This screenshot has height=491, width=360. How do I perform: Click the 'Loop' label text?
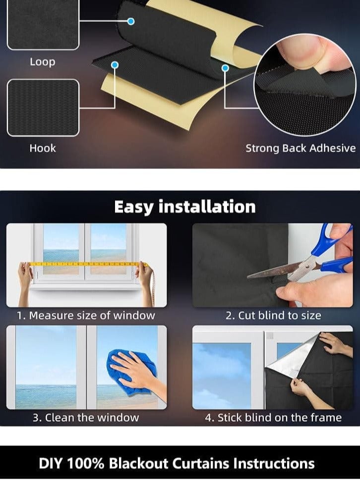point(42,62)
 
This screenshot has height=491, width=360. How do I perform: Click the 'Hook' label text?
point(43,148)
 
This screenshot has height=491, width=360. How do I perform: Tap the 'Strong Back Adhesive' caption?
point(300,148)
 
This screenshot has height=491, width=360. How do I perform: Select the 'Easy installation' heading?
point(185,207)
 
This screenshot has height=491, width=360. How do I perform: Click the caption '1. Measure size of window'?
point(86,316)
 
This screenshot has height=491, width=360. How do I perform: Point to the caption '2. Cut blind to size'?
point(273,316)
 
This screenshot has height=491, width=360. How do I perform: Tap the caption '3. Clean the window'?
point(86,418)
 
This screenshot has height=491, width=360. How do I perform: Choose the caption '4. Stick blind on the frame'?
point(273,418)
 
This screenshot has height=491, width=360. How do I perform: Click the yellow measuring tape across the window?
point(84,264)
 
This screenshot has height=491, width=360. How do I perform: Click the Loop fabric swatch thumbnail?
point(43,25)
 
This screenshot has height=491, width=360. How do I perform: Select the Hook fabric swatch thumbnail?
point(43,108)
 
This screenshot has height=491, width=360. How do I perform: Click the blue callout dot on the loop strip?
point(131,21)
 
